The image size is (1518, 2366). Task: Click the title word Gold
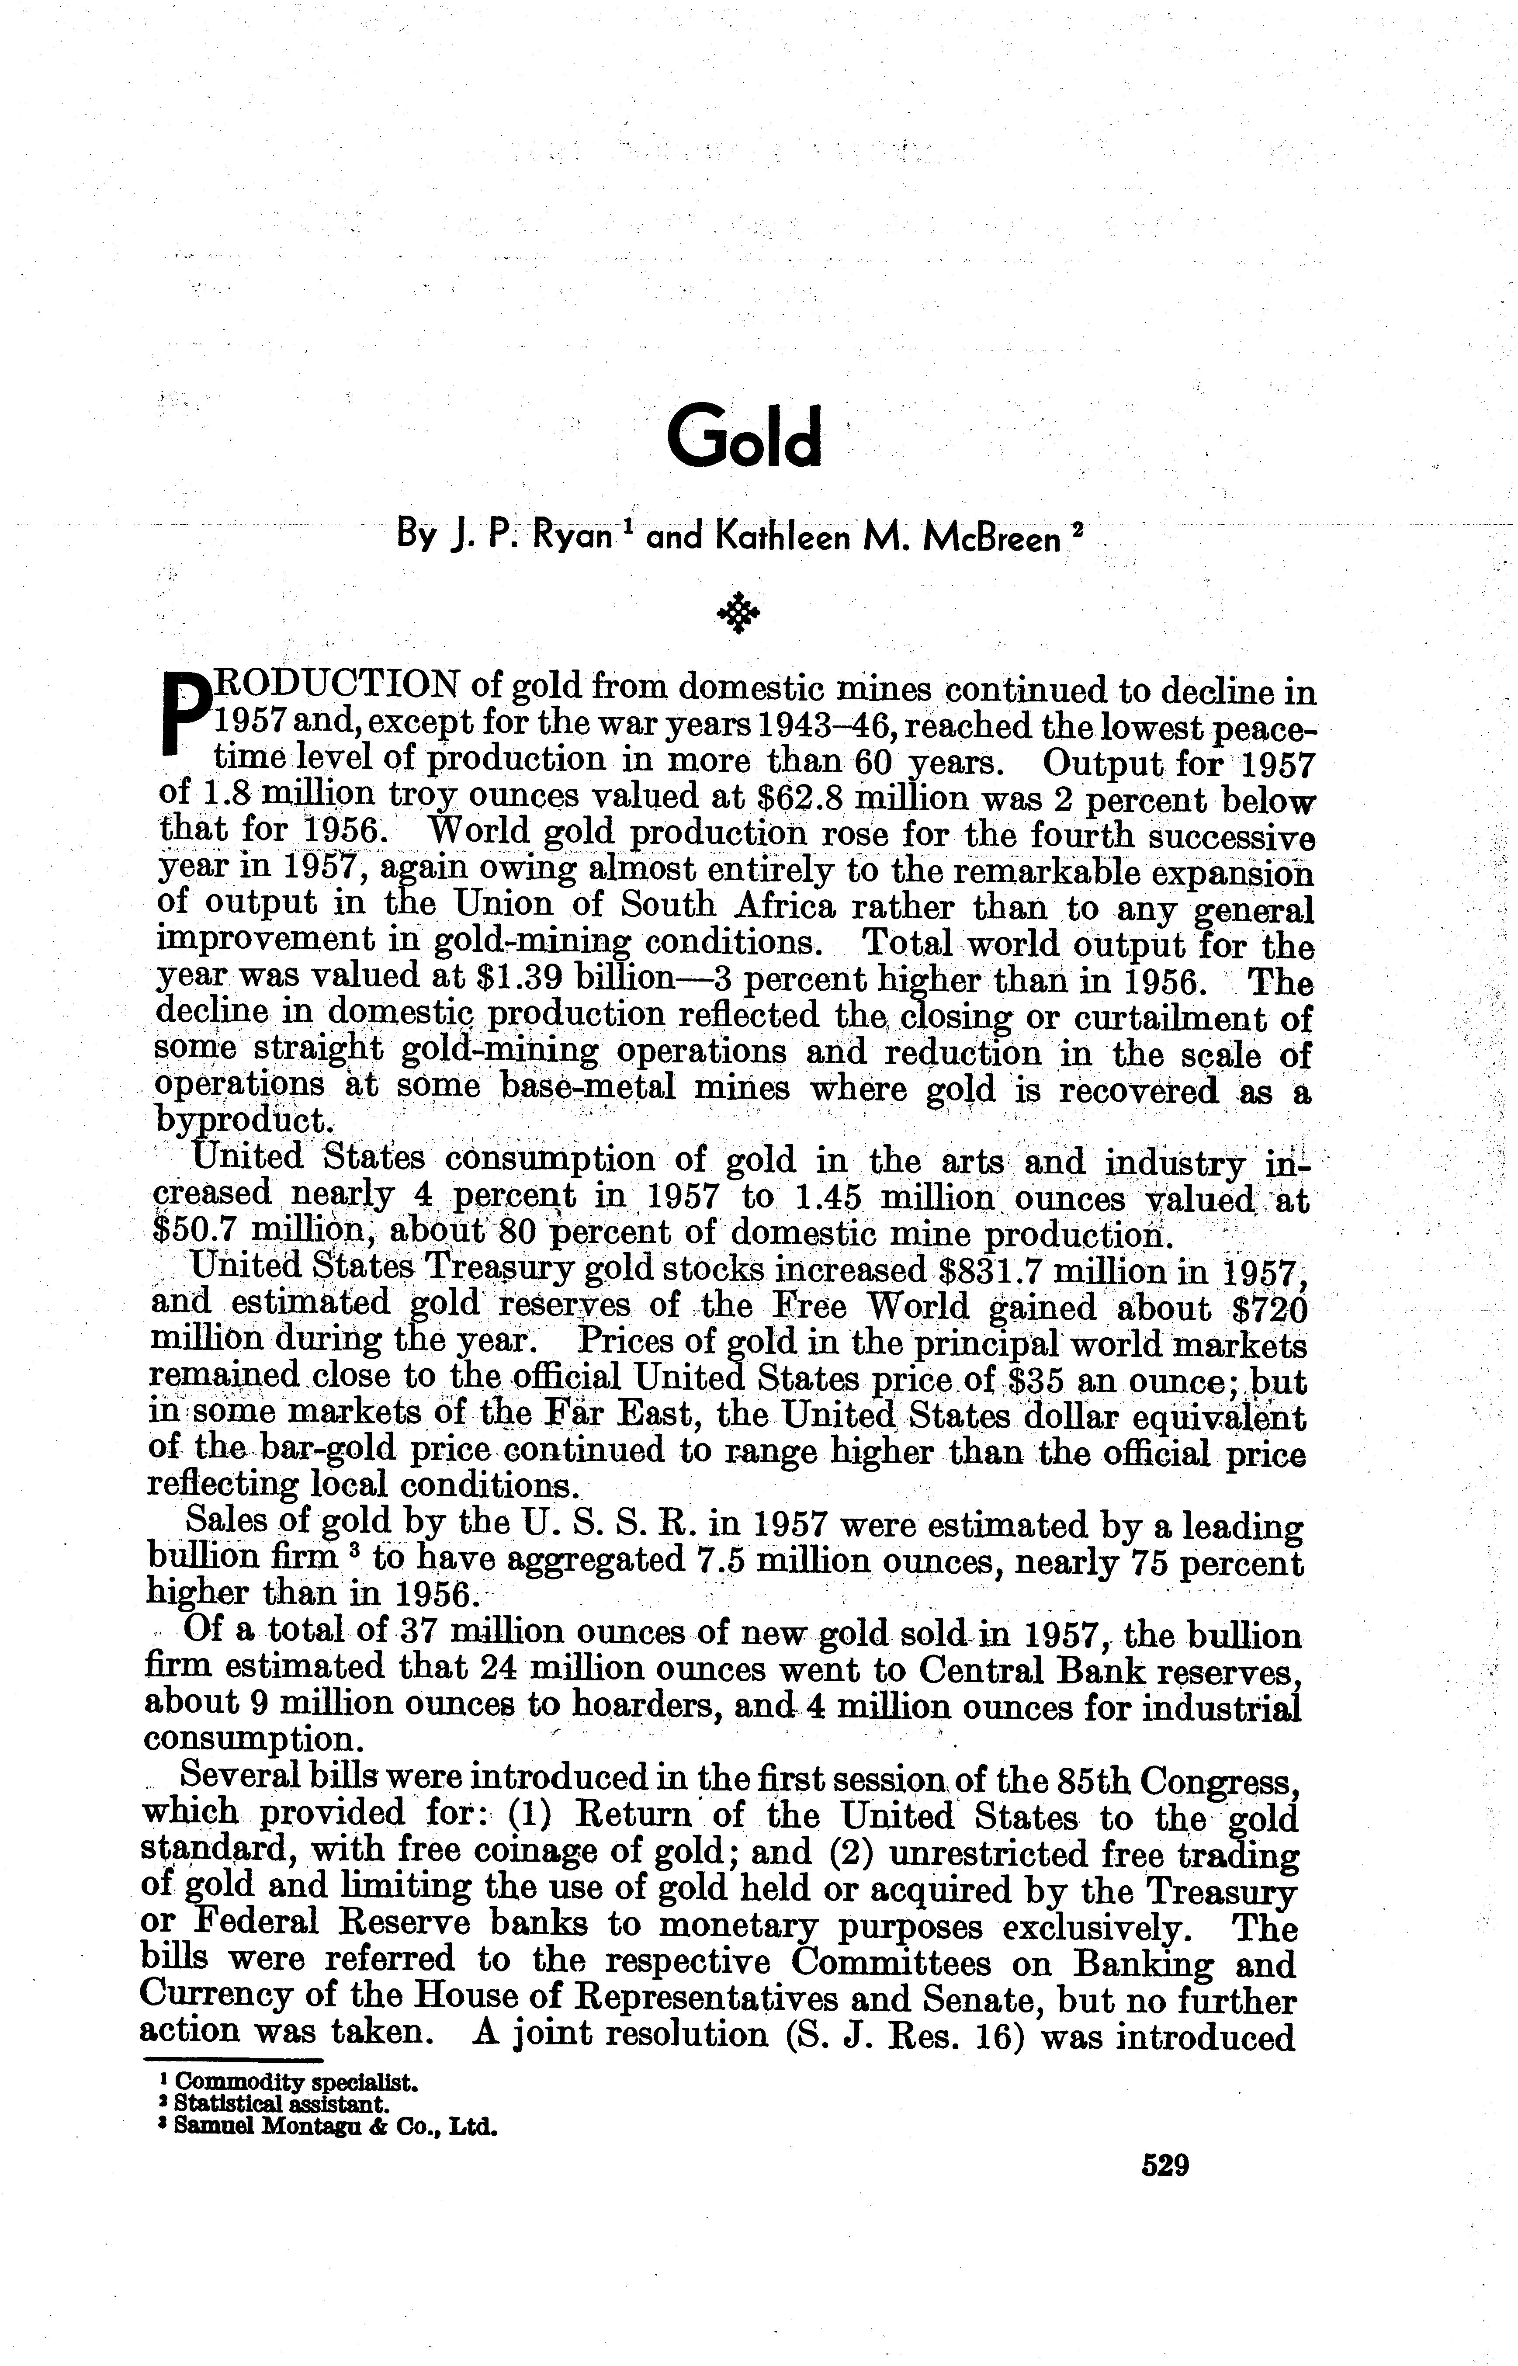point(743,437)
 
